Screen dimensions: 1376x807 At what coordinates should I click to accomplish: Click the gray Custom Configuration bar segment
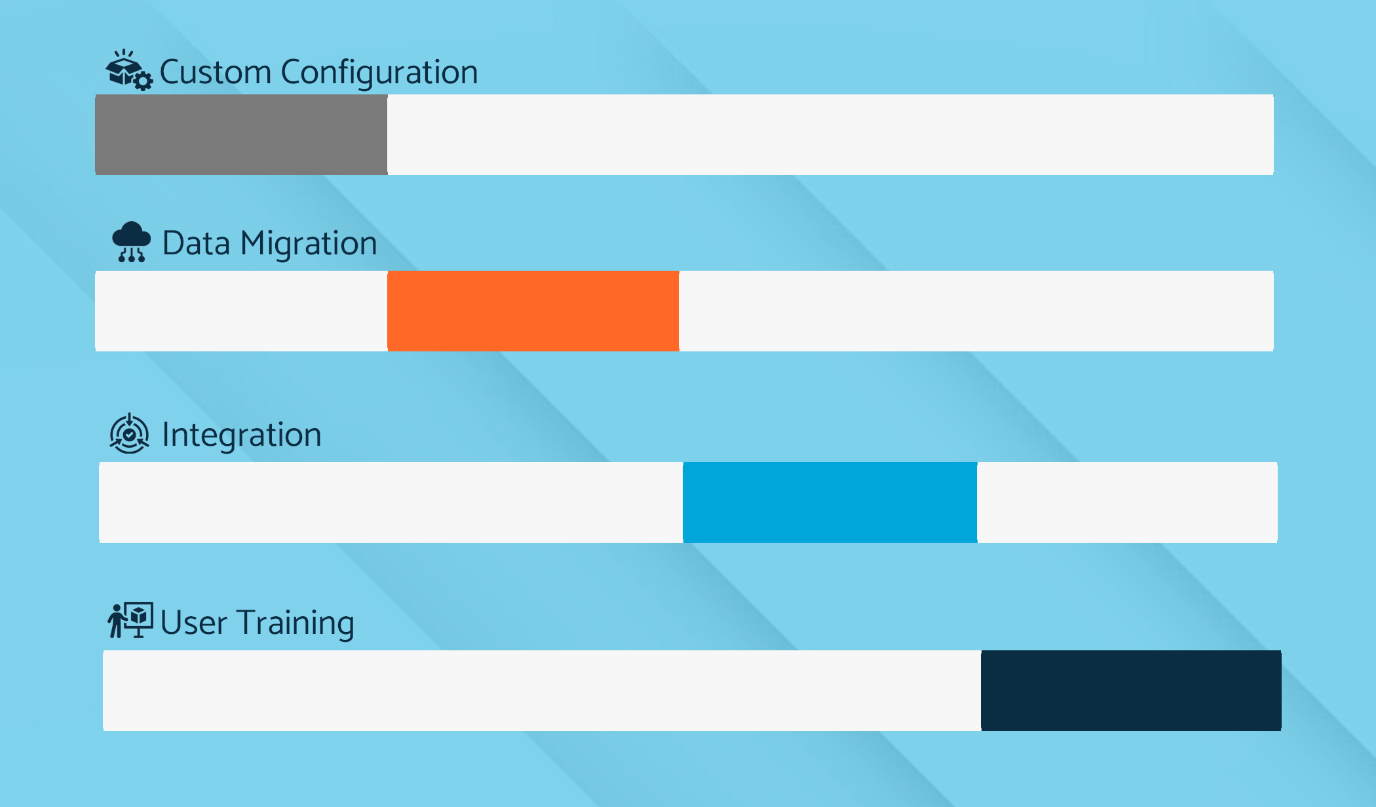click(x=241, y=134)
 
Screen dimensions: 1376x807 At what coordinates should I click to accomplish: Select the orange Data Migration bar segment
click(x=533, y=311)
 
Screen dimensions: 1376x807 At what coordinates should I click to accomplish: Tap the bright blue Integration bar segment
click(x=830, y=502)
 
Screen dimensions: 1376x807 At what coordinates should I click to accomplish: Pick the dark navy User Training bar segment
click(x=1131, y=690)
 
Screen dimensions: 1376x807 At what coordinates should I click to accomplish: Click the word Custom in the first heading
click(x=216, y=71)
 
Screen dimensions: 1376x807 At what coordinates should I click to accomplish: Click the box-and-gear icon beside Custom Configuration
click(x=130, y=70)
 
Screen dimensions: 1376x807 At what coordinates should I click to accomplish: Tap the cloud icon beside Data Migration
click(x=132, y=242)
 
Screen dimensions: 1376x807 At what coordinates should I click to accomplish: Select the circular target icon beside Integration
click(x=130, y=433)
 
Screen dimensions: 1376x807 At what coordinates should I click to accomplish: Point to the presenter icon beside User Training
click(x=130, y=620)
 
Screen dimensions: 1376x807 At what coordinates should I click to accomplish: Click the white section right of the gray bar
click(x=830, y=134)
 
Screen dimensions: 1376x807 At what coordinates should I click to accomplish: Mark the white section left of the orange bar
click(x=241, y=311)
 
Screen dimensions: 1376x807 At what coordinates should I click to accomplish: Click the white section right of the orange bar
click(x=976, y=311)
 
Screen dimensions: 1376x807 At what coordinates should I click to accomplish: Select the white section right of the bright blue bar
click(x=1128, y=502)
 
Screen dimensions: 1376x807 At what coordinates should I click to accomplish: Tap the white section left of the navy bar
click(x=542, y=690)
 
